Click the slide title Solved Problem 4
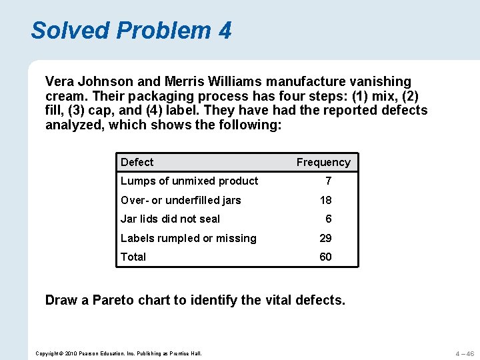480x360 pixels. [131, 30]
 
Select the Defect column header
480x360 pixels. [137, 162]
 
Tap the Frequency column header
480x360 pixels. [323, 162]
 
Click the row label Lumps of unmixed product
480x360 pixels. [189, 181]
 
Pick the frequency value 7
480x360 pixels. [328, 181]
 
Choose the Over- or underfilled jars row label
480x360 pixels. [181, 200]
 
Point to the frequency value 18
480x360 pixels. [326, 200]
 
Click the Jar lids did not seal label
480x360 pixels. [170, 219]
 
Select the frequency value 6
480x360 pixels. [328, 219]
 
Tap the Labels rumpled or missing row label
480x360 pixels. [188, 238]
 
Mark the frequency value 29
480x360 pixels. [326, 238]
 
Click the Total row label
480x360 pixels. [133, 257]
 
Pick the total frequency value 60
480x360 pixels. [326, 257]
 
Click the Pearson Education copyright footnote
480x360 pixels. [119, 353]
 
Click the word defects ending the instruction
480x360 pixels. [320, 300]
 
